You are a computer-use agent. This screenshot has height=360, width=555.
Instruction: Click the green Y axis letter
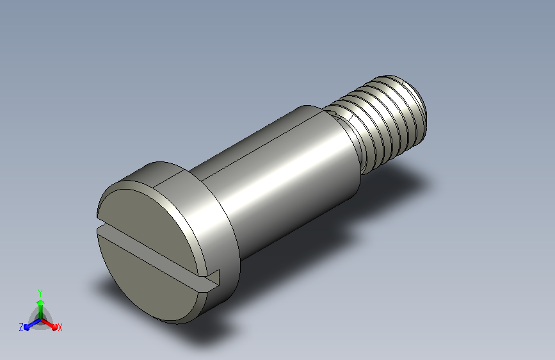click(40, 293)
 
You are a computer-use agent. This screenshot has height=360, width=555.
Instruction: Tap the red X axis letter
click(60, 328)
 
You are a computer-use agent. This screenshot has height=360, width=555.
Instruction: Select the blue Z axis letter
click(21, 327)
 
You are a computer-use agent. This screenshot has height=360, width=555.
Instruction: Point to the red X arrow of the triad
click(49, 324)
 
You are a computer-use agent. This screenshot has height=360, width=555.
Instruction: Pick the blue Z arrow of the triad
click(32, 324)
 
